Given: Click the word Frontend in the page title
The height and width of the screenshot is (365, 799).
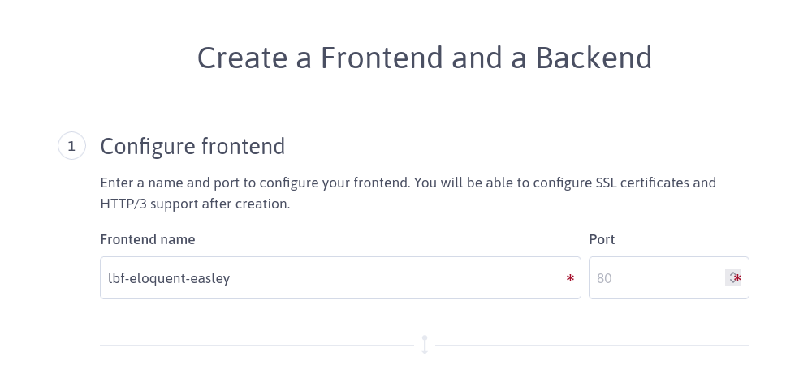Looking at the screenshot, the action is click(x=382, y=58).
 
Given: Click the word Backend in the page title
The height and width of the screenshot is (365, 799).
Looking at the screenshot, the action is click(x=594, y=58).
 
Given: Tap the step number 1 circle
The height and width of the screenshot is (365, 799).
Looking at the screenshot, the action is click(x=71, y=146).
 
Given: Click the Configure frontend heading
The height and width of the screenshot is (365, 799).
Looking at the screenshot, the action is click(x=192, y=147).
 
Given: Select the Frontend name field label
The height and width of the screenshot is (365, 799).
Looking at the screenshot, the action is click(x=148, y=239).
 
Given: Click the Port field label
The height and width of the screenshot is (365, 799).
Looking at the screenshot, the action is click(x=602, y=239).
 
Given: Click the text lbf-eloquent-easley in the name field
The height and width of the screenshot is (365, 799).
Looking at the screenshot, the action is click(x=169, y=278).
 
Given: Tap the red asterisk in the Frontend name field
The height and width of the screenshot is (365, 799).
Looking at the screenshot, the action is click(x=570, y=278).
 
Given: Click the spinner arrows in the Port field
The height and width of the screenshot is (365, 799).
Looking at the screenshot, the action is click(x=732, y=277).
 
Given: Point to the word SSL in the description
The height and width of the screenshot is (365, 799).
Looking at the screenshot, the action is click(x=607, y=182).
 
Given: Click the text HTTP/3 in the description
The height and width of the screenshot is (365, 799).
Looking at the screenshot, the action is click(x=123, y=204).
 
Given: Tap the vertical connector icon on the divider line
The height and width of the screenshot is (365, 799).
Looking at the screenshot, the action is click(x=425, y=345).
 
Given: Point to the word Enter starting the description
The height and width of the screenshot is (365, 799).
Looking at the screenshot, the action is click(x=115, y=182).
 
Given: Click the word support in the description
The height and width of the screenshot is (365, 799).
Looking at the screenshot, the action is click(x=174, y=204).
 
